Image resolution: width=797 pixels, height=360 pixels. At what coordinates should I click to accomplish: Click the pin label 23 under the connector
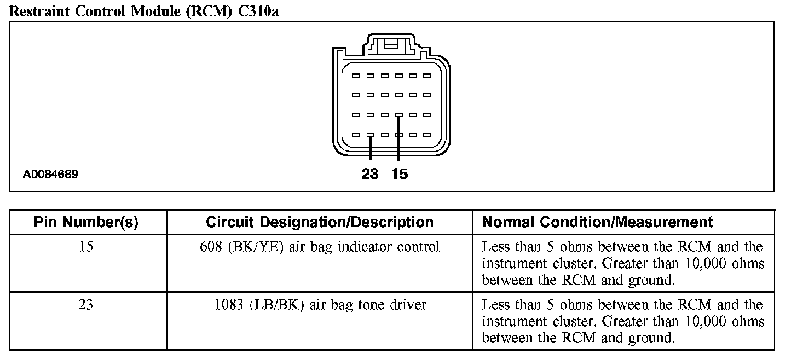pos(370,174)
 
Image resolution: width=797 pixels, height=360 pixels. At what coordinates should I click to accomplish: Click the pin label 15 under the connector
pos(400,174)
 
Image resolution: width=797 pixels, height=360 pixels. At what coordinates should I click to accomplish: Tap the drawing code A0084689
pos(50,175)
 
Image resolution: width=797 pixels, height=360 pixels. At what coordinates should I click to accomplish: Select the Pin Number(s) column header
pos(86,222)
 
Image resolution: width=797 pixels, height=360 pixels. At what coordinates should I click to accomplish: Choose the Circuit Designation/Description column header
pos(320,222)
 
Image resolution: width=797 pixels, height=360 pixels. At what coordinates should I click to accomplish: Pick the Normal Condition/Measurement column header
pos(597,222)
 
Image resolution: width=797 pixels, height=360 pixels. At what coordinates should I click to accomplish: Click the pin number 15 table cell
pos(86,247)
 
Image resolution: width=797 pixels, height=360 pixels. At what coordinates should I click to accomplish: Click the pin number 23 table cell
pos(86,304)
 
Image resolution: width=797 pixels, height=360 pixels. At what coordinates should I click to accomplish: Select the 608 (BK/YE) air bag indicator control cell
pos(320,247)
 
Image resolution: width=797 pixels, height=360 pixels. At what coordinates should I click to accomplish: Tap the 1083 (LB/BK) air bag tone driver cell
pos(320,304)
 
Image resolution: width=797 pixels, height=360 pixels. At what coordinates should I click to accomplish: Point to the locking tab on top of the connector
pos(391,45)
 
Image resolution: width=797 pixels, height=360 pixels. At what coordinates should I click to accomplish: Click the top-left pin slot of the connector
pos(356,76)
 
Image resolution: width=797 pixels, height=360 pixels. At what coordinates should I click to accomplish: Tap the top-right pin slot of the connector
pos(427,76)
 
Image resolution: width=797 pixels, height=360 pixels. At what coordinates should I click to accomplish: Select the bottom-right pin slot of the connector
pos(427,135)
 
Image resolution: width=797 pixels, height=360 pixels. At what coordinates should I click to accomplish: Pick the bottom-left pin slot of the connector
pos(356,135)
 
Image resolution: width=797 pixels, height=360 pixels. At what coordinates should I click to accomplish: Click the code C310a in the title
pos(258,11)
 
